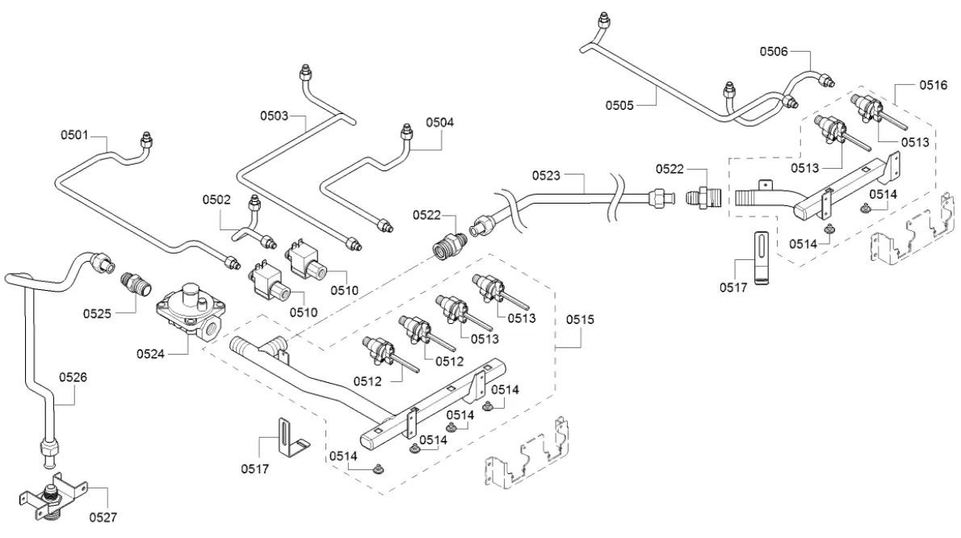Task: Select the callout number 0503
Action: (274, 116)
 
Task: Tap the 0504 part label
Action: (441, 123)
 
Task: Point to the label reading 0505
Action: (620, 105)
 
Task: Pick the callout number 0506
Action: (774, 51)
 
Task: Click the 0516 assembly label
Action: (934, 84)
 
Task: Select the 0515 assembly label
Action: (579, 320)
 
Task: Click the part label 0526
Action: (72, 376)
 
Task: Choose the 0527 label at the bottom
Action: (103, 516)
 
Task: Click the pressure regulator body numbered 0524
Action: (192, 311)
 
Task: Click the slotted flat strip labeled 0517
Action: (760, 258)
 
